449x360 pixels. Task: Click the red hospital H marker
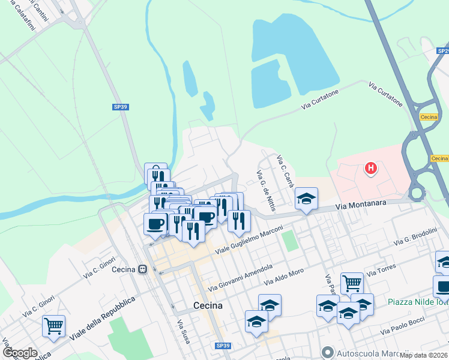click(371, 169)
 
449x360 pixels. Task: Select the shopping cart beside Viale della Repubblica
click(54, 326)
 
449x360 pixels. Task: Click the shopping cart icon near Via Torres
click(352, 283)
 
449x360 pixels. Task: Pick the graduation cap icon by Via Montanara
click(306, 199)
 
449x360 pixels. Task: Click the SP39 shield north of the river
click(121, 107)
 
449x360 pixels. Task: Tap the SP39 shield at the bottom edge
click(223, 346)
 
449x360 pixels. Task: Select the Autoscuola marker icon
click(327, 352)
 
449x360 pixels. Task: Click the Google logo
click(19, 353)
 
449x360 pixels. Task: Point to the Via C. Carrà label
click(285, 170)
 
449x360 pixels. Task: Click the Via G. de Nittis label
click(265, 191)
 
